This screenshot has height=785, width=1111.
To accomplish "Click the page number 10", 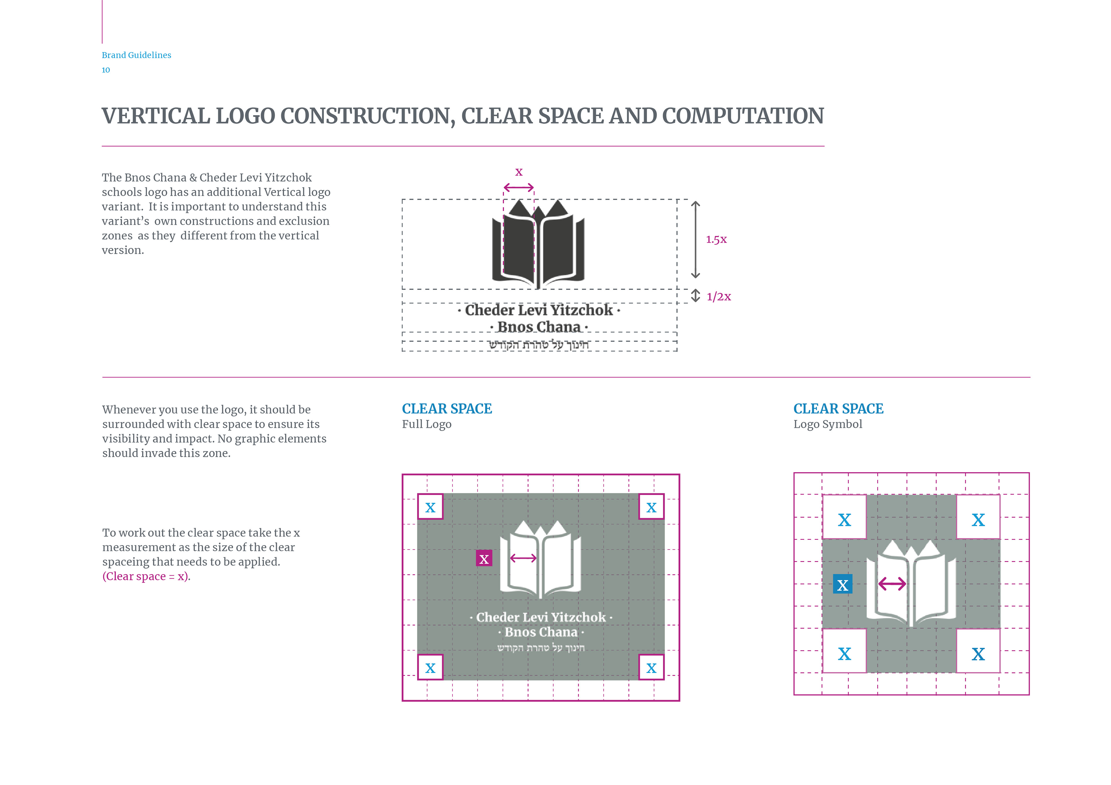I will [x=106, y=70].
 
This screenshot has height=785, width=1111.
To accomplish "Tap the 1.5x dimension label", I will [x=716, y=239].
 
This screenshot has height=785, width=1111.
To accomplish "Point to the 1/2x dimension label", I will [x=719, y=296].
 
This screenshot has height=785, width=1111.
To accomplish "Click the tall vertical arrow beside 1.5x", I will [x=695, y=239].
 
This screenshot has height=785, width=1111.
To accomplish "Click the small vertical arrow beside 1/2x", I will [x=695, y=295].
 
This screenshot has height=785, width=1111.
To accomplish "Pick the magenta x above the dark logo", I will [x=519, y=172].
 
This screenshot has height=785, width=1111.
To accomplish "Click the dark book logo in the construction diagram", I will [x=538, y=244].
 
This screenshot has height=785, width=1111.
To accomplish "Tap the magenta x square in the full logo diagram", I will [x=484, y=559].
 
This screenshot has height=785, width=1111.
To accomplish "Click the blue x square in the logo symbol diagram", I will [x=843, y=584].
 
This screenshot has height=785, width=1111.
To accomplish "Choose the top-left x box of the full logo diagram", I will [x=430, y=507].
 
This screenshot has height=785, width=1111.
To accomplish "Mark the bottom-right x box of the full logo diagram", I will [x=651, y=668].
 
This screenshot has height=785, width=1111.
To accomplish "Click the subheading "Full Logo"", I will [x=426, y=424].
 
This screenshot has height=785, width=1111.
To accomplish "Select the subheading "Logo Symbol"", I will [x=827, y=424].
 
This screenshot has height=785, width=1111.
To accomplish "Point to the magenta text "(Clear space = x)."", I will [x=146, y=577].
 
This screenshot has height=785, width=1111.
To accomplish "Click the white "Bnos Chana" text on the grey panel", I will [x=541, y=632].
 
